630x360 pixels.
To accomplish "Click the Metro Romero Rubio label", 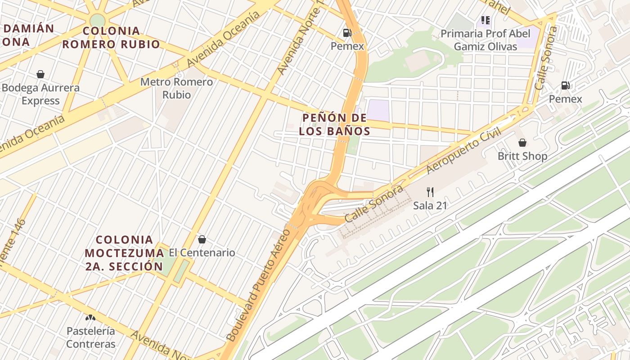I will click(176, 88).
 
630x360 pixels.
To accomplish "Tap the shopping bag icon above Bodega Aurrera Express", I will click(40, 74).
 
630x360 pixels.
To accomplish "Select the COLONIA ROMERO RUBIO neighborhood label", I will click(111, 38).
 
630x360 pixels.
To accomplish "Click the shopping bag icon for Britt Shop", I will click(522, 143).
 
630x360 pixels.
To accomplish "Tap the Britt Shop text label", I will click(522, 156).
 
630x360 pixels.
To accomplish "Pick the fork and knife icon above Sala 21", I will click(430, 192).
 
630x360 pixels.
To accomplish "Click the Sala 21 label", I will click(430, 206).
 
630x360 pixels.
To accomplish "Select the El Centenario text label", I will click(202, 252).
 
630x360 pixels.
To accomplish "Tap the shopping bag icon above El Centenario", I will click(202, 239).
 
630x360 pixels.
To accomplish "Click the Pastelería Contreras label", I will click(91, 337).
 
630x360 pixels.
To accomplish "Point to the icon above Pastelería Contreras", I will click(91, 317).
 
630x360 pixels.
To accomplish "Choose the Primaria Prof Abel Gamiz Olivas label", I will click(485, 40).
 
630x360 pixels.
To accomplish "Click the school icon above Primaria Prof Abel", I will click(485, 20).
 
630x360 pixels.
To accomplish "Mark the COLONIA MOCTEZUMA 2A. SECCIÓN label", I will click(124, 253).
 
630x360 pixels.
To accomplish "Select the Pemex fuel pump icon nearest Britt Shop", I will click(565, 85).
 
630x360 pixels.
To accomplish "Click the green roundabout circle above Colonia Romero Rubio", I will click(97, 20).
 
